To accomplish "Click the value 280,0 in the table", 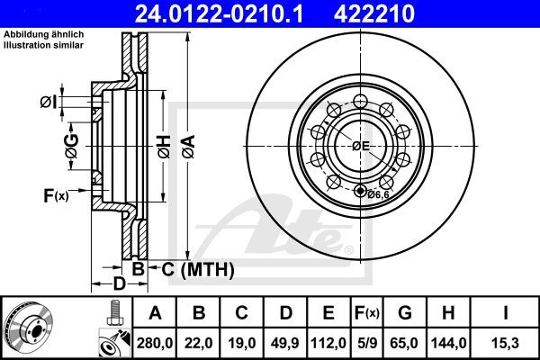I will pos(154,341).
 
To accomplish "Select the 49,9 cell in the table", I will pos(284,341).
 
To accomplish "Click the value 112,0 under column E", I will pos(328,341).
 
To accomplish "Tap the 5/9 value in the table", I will pos(366,341).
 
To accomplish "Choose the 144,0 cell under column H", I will pos(446,341).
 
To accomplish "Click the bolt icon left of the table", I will pos(112,312).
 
